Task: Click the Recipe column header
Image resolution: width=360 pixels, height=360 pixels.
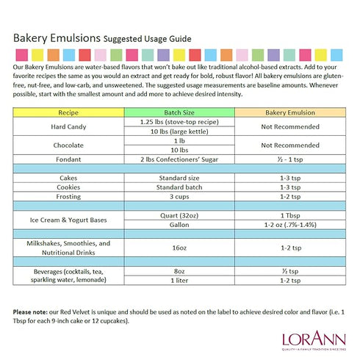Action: pyautogui.click(x=68, y=112)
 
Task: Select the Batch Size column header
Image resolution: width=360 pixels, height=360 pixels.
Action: pyautogui.click(x=179, y=112)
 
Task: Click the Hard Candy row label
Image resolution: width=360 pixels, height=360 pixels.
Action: pyautogui.click(x=68, y=126)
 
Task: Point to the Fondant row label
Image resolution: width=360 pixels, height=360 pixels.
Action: pyautogui.click(x=68, y=159)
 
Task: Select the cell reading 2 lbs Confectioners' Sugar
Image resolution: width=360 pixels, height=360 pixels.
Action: pyautogui.click(x=179, y=159)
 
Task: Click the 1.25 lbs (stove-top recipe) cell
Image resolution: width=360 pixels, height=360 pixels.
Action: pyautogui.click(x=179, y=121)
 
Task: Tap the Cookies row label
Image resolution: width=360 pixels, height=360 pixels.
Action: pyautogui.click(x=68, y=187)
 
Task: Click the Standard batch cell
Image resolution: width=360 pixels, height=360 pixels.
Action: pyautogui.click(x=179, y=187)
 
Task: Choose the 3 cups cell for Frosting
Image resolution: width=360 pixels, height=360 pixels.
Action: pyautogui.click(x=179, y=197)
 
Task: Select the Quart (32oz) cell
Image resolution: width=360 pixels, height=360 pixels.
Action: pyautogui.click(x=179, y=215)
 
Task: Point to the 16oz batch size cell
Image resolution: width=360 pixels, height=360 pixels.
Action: pyautogui.click(x=179, y=248)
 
